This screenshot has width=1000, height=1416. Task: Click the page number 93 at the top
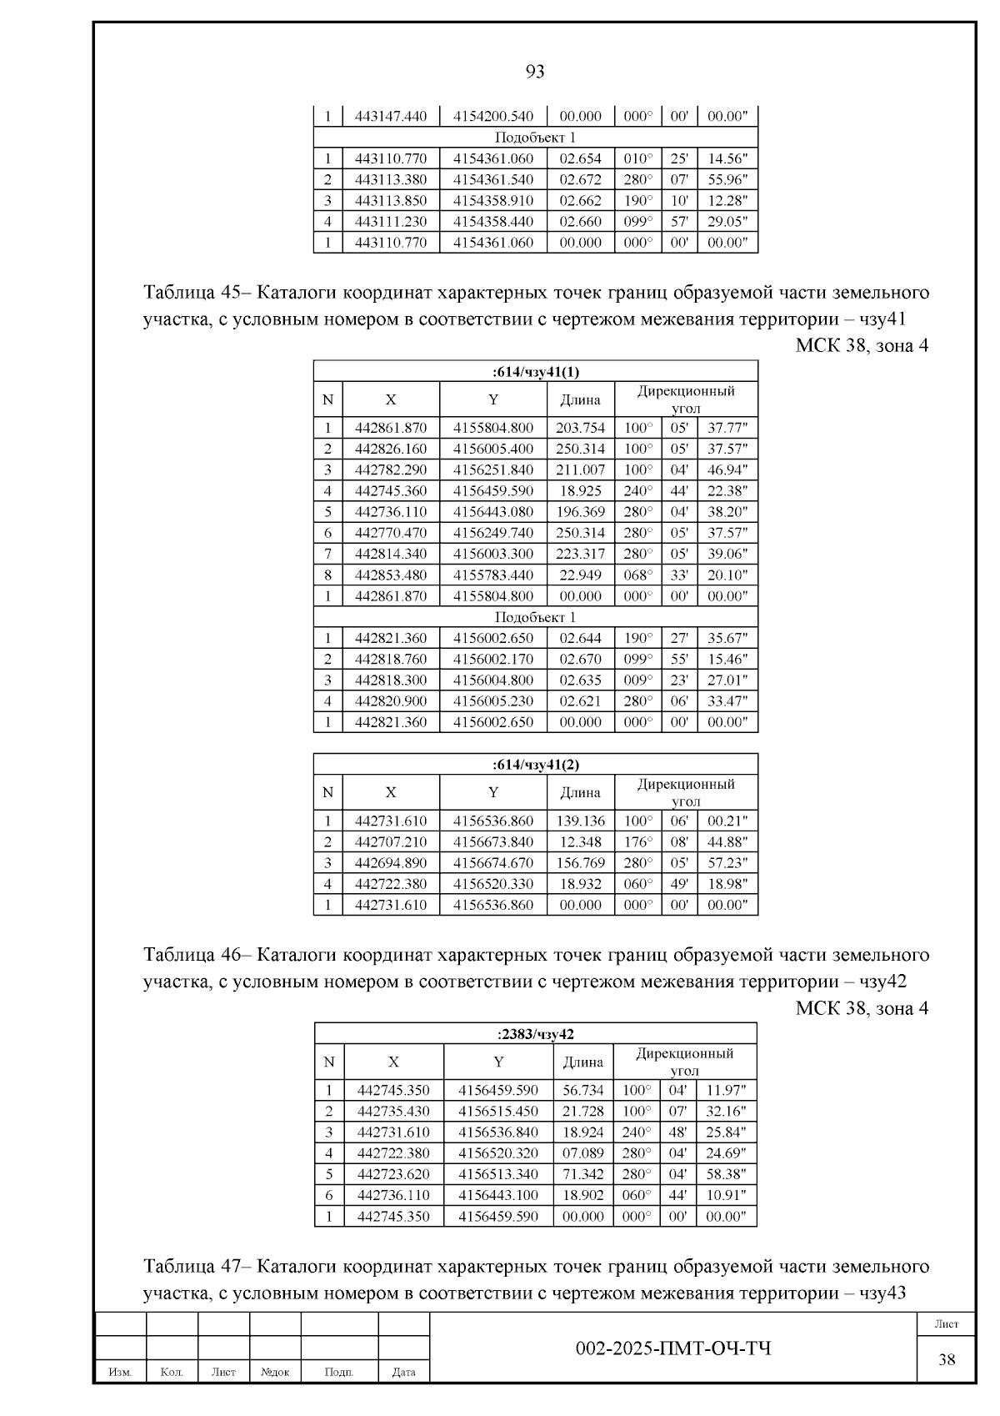pos(535,72)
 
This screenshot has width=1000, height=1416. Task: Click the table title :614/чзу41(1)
pos(535,372)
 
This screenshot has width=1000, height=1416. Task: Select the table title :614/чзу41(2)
pos(535,765)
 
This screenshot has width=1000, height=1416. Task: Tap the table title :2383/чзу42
pos(535,1034)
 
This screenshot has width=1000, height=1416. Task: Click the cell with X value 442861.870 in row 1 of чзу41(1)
pos(391,429)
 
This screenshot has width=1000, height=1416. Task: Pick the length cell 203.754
pos(580,429)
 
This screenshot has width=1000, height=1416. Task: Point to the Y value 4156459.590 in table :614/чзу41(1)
pos(493,491)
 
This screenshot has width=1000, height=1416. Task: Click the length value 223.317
pos(580,554)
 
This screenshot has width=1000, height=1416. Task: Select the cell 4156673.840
pos(493,842)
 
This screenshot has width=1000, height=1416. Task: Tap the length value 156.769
pos(580,863)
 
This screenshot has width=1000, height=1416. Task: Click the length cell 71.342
pos(582,1174)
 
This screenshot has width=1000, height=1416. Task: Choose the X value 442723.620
pos(393,1174)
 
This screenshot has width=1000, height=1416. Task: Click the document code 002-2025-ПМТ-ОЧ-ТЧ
pos(673,1348)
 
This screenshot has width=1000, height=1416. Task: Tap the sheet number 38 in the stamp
pos(947,1360)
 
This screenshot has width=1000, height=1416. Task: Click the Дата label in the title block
pos(403,1372)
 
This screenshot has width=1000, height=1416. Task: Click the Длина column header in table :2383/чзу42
pos(582,1062)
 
